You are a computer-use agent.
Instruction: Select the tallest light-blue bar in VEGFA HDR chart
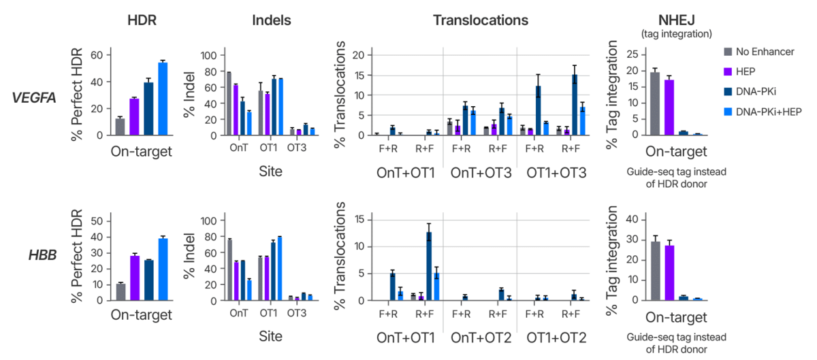163,99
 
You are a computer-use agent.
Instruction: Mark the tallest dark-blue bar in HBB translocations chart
429,266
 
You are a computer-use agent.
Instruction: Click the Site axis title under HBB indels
269,336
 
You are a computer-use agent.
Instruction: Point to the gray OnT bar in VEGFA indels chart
229,103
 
